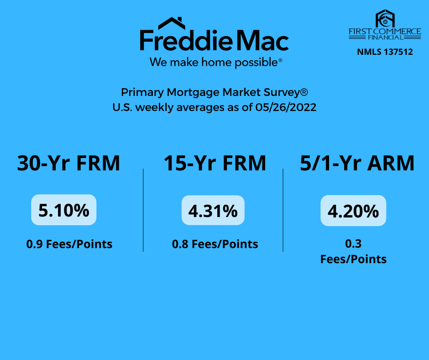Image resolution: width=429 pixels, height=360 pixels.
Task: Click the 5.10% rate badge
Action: pyautogui.click(x=64, y=210)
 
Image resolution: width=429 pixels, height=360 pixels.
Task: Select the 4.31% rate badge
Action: pyautogui.click(x=213, y=211)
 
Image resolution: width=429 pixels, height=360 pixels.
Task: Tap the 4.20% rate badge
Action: pyautogui.click(x=353, y=211)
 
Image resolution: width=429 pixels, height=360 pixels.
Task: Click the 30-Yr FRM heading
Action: pyautogui.click(x=68, y=163)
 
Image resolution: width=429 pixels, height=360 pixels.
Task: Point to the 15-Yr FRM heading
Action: pyautogui.click(x=215, y=163)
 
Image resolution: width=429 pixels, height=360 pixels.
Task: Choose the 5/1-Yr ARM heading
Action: pyautogui.click(x=357, y=163)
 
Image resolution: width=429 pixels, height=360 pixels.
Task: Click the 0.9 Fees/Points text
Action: pyautogui.click(x=69, y=244)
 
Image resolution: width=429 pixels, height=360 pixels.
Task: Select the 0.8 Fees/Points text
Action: pyautogui.click(x=215, y=244)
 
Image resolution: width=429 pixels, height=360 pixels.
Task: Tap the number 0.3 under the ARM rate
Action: pyautogui.click(x=353, y=244)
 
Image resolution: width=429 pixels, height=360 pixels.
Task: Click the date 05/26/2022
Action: pyautogui.click(x=286, y=107)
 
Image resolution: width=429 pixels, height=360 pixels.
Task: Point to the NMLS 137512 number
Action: pyautogui.click(x=385, y=52)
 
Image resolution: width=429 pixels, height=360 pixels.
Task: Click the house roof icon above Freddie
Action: pyautogui.click(x=171, y=23)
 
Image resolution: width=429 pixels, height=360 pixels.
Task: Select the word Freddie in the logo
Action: pyautogui.click(x=186, y=41)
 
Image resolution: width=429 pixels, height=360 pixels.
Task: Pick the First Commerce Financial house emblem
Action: pyautogui.click(x=385, y=19)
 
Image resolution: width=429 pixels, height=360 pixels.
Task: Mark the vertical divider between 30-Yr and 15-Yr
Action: pyautogui.click(x=143, y=210)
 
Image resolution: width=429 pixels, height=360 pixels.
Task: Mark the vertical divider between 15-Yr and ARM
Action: pyautogui.click(x=283, y=210)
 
